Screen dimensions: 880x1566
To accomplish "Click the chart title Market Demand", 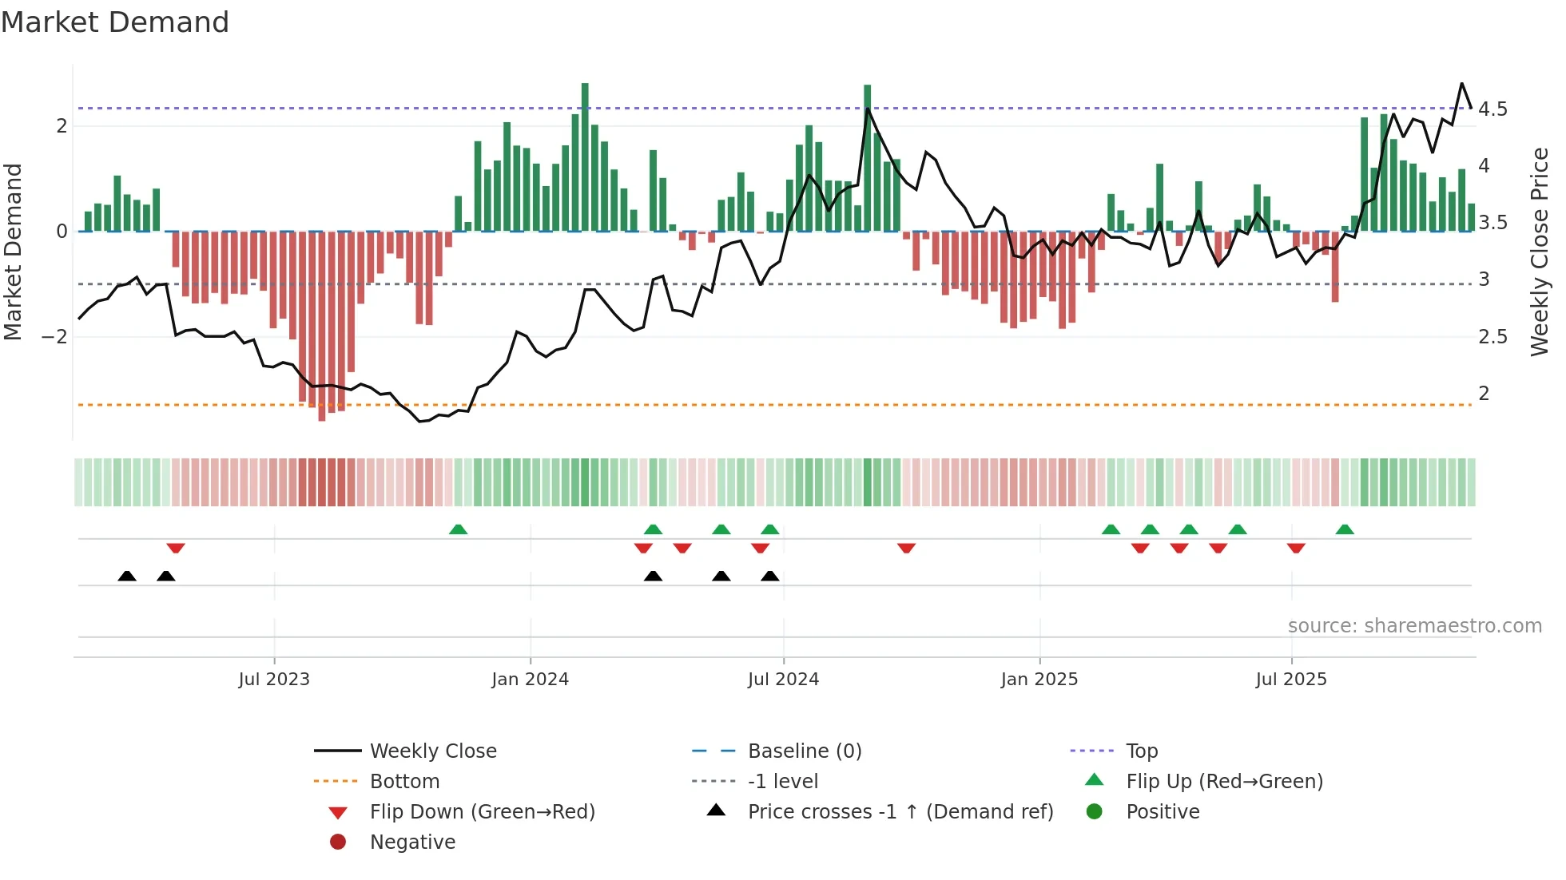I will [x=115, y=22].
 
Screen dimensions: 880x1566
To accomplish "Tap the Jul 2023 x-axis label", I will [x=274, y=680].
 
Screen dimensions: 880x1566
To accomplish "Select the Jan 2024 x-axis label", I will [x=530, y=680].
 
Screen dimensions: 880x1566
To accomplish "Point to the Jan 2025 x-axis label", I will [x=1039, y=680].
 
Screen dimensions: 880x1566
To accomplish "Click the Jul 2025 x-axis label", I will [x=1290, y=680].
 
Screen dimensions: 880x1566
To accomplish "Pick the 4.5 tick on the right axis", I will [x=1492, y=109].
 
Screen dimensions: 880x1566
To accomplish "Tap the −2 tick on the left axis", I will [x=55, y=337].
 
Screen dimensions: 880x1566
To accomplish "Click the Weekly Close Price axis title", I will [x=1539, y=252].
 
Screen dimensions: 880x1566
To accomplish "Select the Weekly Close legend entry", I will [x=432, y=751].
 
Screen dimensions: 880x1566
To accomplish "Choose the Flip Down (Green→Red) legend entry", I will [x=482, y=812].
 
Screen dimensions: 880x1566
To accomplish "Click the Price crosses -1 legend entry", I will [x=900, y=812].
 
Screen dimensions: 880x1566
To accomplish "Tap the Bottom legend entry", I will [x=404, y=782].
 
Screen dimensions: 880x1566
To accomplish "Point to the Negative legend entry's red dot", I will [x=338, y=842].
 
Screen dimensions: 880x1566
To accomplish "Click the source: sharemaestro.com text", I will [x=1414, y=626].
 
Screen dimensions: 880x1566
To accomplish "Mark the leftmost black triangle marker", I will [x=127, y=577].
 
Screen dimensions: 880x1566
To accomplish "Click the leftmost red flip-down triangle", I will [x=176, y=548].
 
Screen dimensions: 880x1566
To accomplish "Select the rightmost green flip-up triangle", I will [x=1345, y=529].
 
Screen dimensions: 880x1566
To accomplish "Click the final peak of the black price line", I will [x=1461, y=84].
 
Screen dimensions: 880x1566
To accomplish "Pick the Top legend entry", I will [x=1141, y=751].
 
